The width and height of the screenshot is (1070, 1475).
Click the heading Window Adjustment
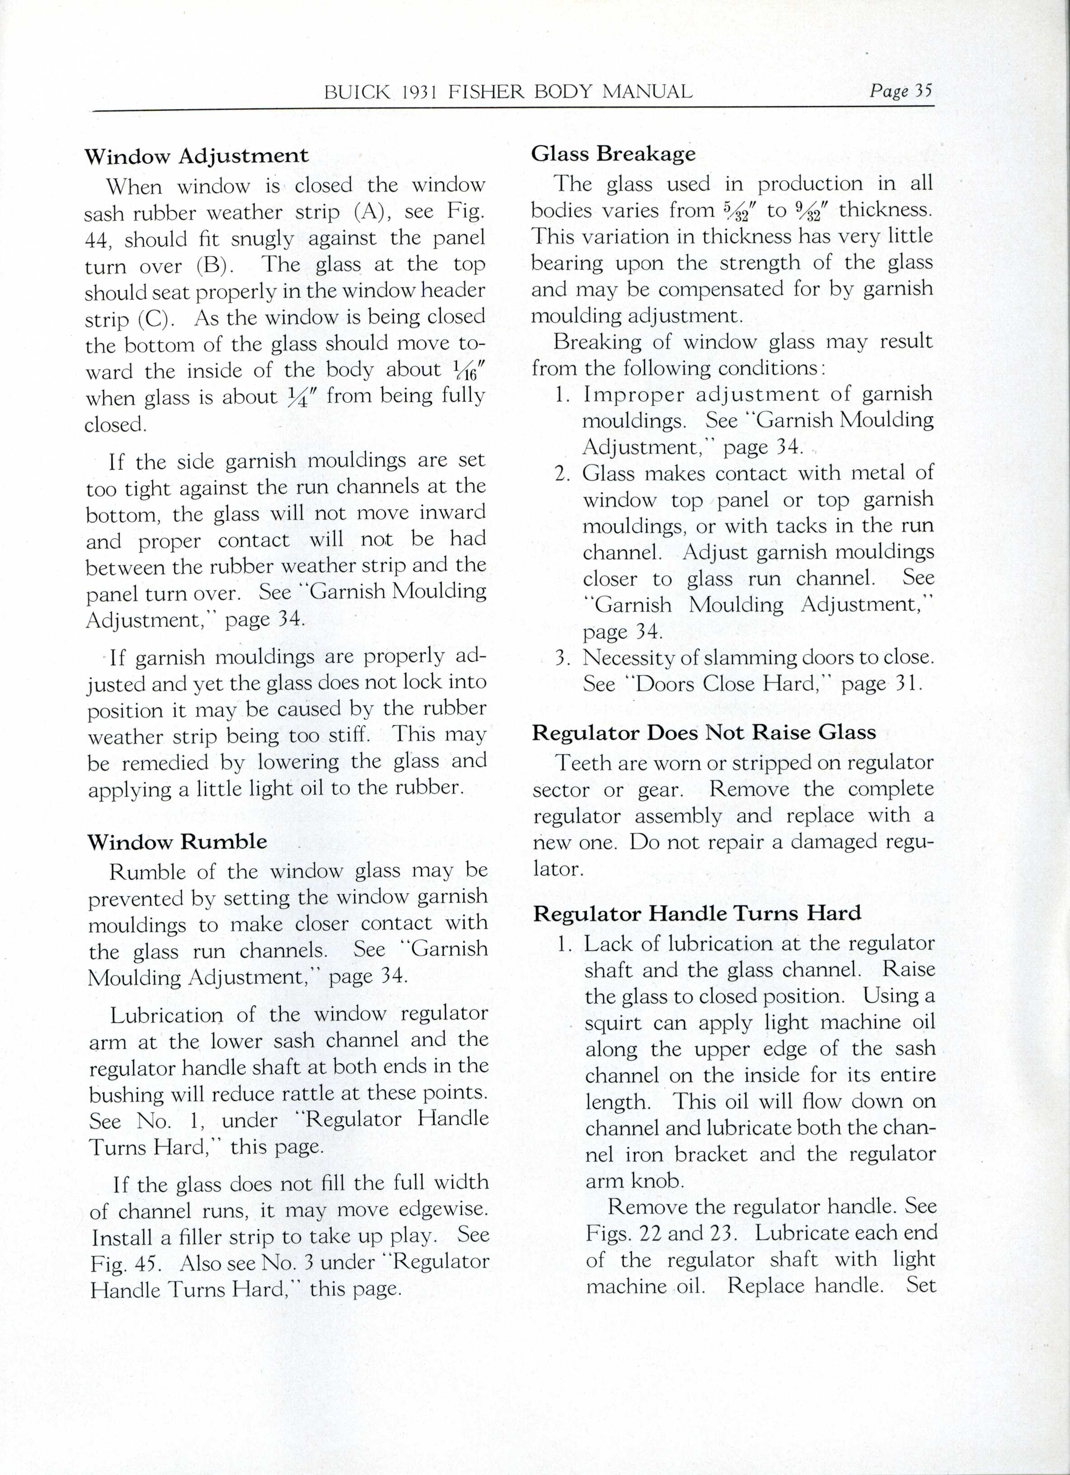click(197, 156)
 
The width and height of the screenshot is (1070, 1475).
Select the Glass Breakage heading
click(613, 154)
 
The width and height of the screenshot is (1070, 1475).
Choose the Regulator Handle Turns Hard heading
click(697, 913)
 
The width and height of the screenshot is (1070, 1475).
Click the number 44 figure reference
click(98, 240)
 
